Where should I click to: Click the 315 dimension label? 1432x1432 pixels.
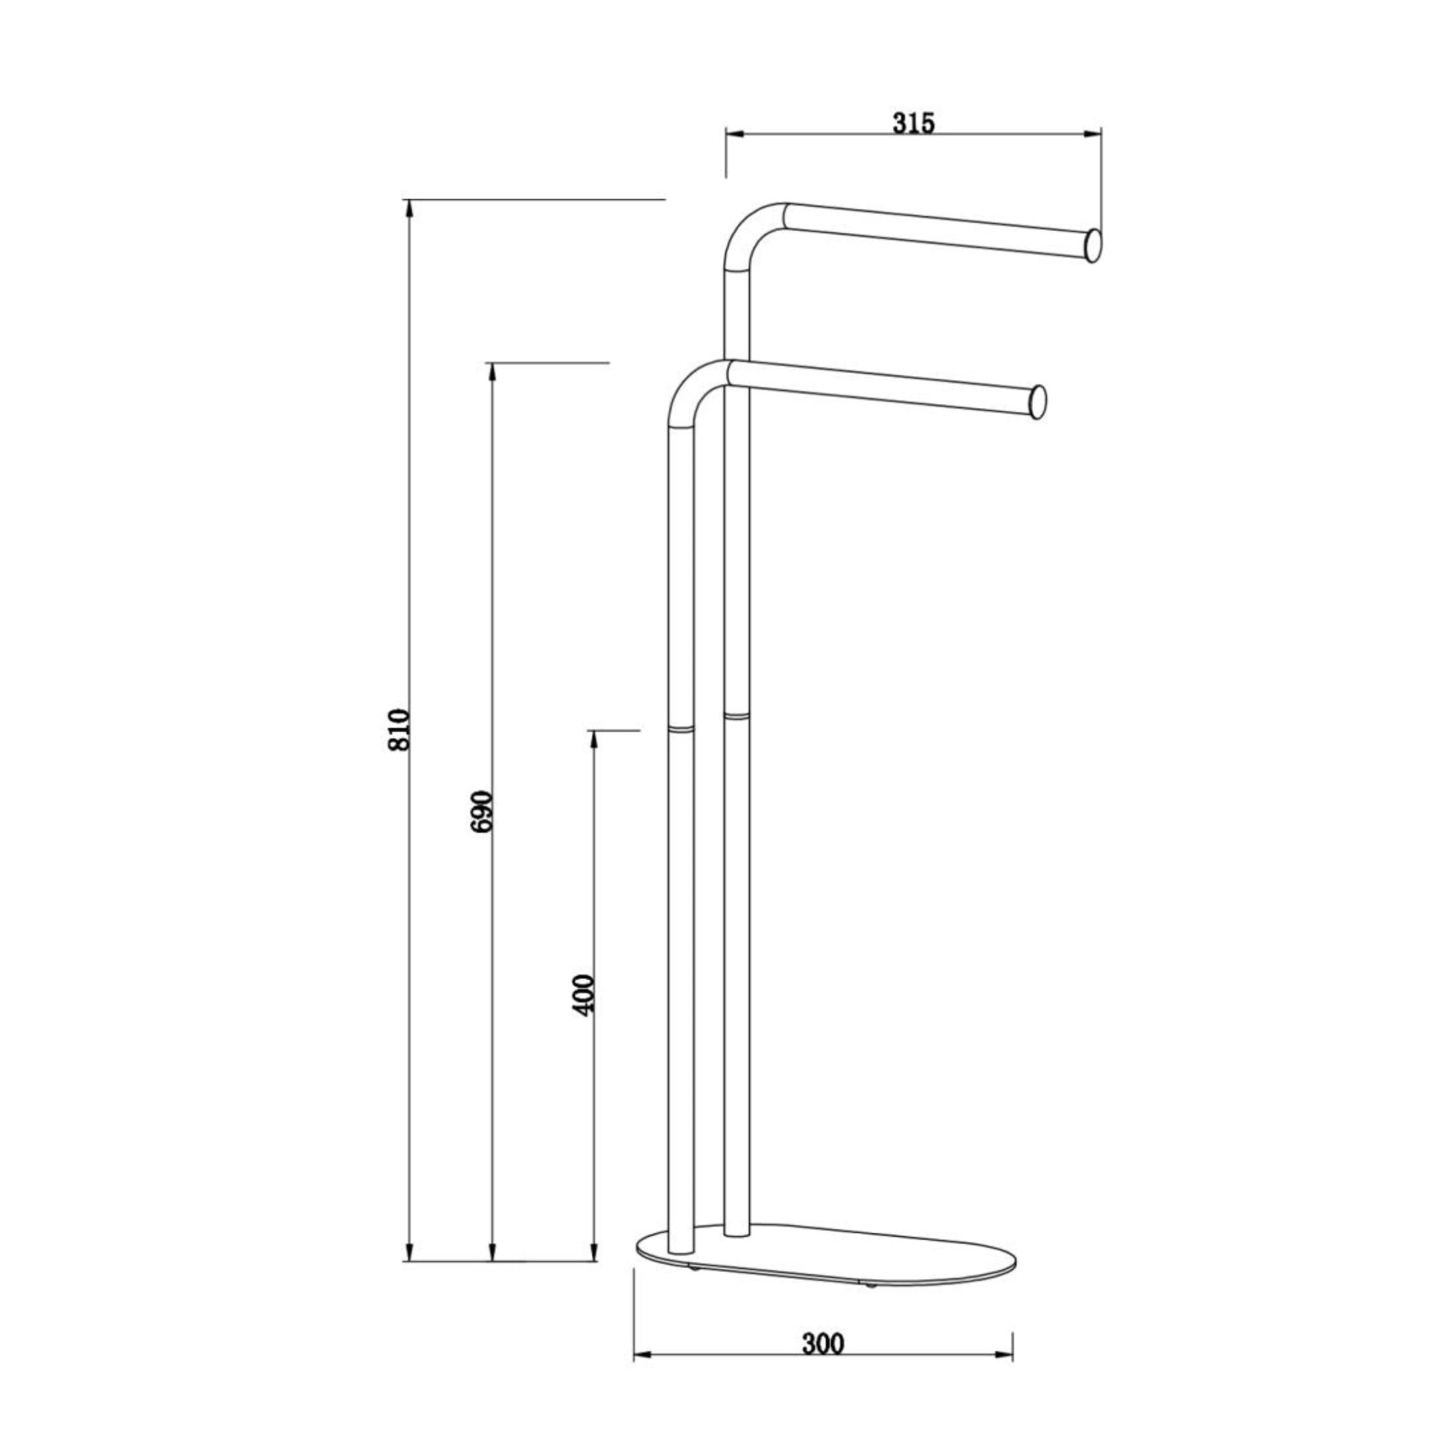[x=913, y=122]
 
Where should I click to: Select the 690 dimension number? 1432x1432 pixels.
[x=482, y=811]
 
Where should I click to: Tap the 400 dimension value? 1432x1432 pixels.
[x=585, y=995]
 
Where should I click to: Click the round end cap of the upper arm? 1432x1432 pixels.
[x=1092, y=246]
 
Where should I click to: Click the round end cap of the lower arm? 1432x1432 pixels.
[x=1038, y=402]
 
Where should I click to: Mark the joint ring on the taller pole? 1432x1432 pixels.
[x=736, y=715]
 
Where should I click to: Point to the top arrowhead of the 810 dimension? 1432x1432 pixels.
[x=409, y=208]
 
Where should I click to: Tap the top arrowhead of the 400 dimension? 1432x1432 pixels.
[x=593, y=738]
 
